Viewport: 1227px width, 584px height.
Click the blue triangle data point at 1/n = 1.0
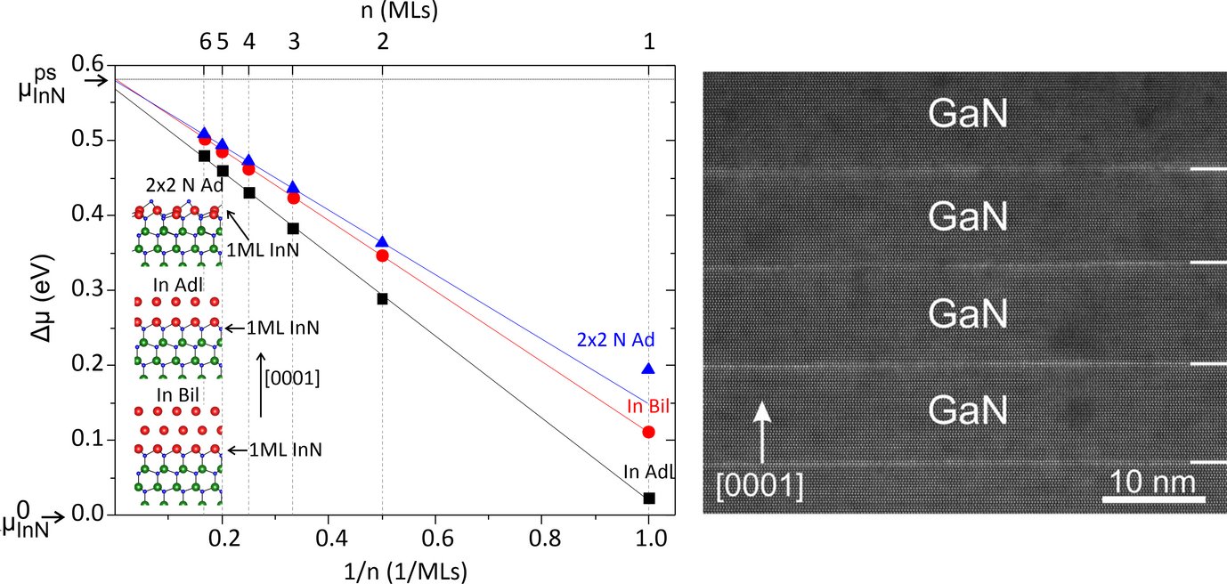[x=648, y=368]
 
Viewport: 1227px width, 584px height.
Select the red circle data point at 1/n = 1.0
[x=648, y=432]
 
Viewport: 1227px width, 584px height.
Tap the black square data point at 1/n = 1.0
[x=649, y=499]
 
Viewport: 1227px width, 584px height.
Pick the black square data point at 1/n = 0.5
[x=382, y=298]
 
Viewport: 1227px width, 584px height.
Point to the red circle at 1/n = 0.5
[x=382, y=255]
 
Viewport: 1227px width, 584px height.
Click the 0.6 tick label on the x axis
[x=435, y=539]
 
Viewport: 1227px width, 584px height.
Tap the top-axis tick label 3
[x=293, y=42]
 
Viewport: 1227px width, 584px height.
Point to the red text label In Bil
[x=647, y=407]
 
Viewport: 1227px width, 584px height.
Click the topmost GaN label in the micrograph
[x=968, y=114]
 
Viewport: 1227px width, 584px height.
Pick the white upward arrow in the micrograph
[x=761, y=436]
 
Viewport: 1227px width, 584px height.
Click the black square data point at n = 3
[x=293, y=229]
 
